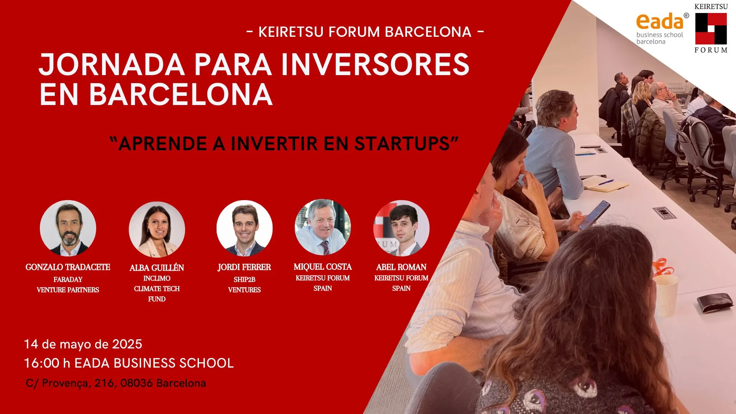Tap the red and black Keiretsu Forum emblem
pos(711,28)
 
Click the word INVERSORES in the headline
pos(375,64)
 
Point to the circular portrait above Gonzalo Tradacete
pos(68,228)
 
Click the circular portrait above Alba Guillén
pos(157,229)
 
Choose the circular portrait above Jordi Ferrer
pos(245,228)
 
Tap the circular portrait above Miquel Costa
pos(323,227)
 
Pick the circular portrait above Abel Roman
pos(401,228)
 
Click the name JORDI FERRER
pos(244,267)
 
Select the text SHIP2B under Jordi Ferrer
pos(245,279)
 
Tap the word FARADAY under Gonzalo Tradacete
pos(68,279)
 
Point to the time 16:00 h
pos(47,363)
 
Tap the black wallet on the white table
pos(715,303)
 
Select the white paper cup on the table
pos(666,296)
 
